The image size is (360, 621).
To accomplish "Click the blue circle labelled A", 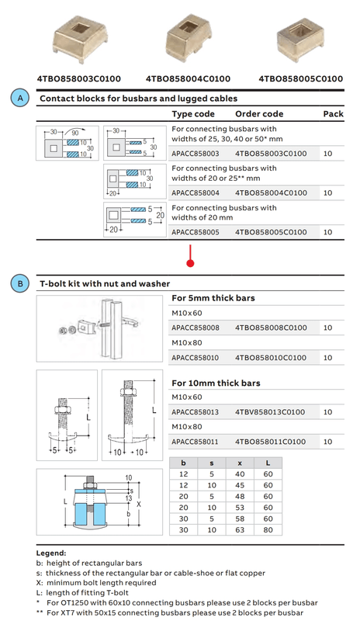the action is [20, 99].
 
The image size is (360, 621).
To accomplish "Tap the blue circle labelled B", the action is [20, 283].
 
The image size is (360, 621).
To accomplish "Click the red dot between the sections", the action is [191, 263].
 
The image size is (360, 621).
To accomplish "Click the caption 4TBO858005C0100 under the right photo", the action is [300, 79].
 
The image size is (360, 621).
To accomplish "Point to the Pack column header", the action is [333, 114].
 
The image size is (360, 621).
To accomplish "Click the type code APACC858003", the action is [196, 154].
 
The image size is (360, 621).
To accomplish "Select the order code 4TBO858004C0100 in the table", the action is [271, 193].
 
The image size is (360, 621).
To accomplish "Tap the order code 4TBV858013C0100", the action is [270, 412].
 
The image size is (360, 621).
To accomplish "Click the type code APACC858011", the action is [195, 442].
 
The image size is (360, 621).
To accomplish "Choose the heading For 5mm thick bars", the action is [213, 298].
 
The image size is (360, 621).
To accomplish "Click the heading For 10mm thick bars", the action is [216, 383].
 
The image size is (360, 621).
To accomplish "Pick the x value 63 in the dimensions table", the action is [240, 530].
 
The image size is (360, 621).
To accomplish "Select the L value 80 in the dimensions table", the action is [268, 530].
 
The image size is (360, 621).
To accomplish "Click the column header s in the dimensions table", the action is [212, 463].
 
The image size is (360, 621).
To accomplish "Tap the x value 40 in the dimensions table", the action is [240, 474].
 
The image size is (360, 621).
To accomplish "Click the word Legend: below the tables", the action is [51, 553].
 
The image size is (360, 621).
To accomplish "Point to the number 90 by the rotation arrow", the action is [75, 134].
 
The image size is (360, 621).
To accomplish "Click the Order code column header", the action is [259, 114].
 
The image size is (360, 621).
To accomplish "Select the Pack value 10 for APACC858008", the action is [327, 328].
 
